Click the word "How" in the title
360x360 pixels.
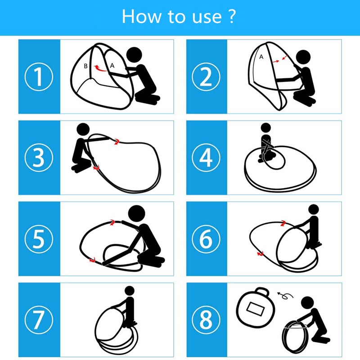click(141, 16)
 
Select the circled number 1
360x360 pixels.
click(39, 76)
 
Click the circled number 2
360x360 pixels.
click(206, 76)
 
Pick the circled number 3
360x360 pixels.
click(39, 157)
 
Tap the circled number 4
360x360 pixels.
click(206, 157)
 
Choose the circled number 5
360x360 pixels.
click(39, 239)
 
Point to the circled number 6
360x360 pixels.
click(206, 239)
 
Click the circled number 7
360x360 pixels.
click(39, 320)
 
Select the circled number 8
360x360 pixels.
click(206, 320)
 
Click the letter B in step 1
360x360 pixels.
click(85, 66)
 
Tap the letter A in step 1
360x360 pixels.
click(112, 66)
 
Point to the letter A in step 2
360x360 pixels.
click(261, 57)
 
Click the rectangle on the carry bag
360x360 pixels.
click(255, 309)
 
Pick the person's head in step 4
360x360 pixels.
click(266, 128)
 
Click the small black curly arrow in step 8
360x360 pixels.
click(285, 296)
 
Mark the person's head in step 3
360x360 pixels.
click(83, 130)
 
